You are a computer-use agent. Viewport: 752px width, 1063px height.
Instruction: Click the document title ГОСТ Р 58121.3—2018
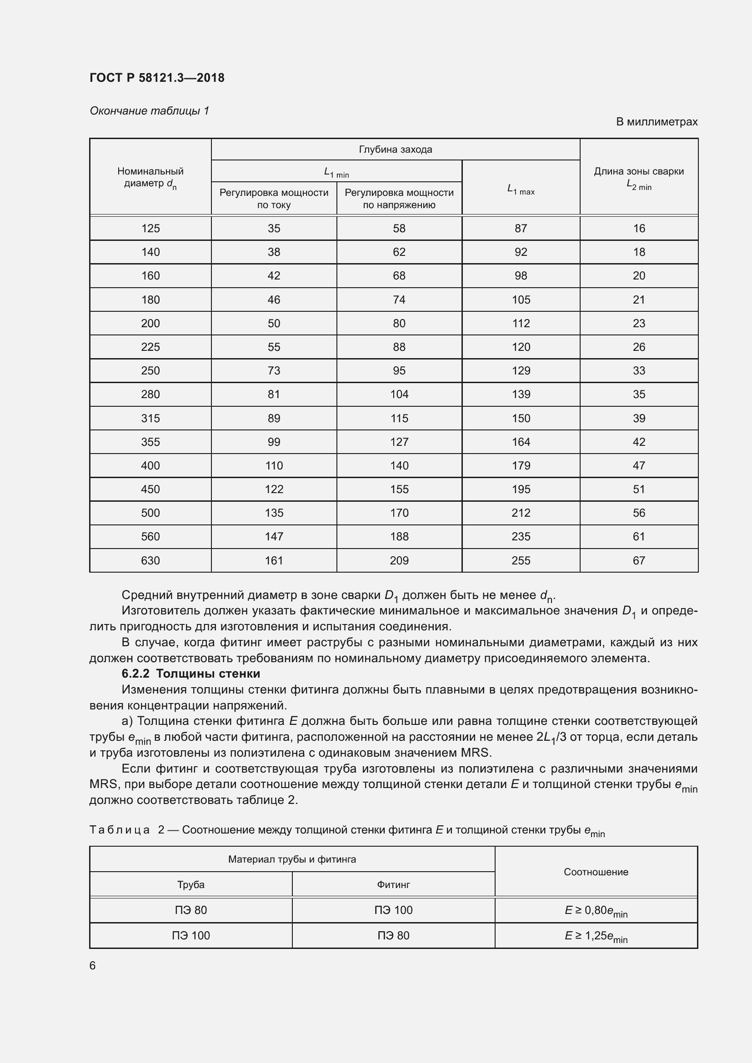[157, 78]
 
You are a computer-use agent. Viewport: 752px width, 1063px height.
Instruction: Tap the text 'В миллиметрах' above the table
[656, 122]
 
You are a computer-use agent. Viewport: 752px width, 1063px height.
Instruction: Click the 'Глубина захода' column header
[396, 150]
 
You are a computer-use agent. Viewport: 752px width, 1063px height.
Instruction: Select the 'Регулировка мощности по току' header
[274, 199]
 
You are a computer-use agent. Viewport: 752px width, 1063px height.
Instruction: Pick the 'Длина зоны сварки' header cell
[638, 178]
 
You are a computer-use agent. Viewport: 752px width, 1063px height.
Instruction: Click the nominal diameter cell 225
[150, 347]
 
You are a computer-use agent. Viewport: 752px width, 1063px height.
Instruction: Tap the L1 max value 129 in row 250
[521, 371]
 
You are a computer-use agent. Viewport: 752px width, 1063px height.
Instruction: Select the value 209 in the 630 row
[399, 561]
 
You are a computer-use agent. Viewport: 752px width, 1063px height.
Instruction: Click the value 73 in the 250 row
[274, 371]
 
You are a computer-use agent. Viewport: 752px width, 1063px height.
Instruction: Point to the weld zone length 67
[638, 561]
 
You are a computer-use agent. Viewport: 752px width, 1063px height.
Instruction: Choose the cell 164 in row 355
[521, 442]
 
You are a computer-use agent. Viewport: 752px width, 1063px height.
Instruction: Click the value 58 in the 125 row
[399, 229]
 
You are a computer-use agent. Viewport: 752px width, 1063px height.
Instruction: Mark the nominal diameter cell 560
[150, 537]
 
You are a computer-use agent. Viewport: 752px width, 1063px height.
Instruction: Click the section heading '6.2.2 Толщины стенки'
[191, 674]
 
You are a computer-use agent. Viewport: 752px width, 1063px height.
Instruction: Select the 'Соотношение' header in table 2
[596, 872]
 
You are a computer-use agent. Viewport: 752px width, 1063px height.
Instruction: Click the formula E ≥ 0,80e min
[596, 911]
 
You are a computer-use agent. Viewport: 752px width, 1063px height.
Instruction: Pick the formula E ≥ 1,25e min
[596, 936]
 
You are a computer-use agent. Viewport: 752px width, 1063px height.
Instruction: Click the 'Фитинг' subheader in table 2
[393, 885]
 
